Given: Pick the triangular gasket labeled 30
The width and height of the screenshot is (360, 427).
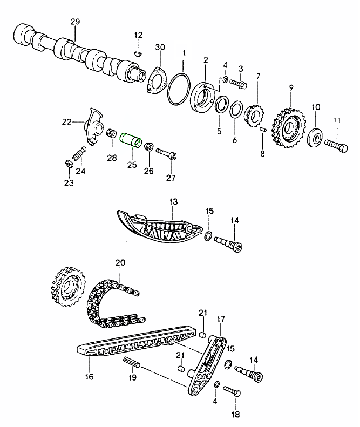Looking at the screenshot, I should (x=157, y=79).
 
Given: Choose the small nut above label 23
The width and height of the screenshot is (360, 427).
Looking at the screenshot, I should (x=69, y=163).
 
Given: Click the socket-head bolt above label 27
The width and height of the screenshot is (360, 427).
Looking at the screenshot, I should (x=166, y=154).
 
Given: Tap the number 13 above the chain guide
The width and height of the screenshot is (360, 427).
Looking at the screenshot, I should (x=173, y=201).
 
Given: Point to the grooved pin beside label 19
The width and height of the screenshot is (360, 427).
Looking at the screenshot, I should (x=132, y=362).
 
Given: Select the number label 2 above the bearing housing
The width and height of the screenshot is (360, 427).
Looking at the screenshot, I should (x=206, y=60).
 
